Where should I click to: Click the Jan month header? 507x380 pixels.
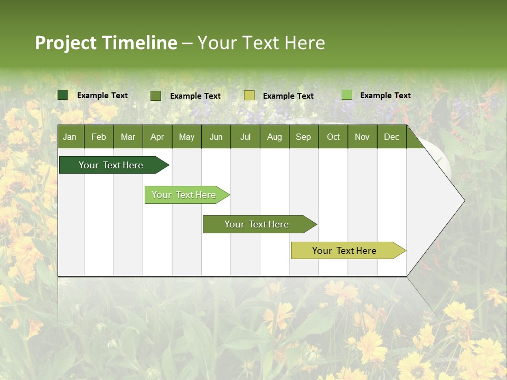70,137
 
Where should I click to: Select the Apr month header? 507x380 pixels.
157,137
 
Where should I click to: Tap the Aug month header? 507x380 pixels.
274,137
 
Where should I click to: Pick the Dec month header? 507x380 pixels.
391,137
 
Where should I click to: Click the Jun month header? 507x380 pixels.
215,137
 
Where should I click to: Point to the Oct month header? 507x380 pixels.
333,137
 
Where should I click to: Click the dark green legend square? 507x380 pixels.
63,95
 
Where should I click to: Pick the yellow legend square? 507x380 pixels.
249,96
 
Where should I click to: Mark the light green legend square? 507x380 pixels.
347,95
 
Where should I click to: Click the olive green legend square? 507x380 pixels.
156,96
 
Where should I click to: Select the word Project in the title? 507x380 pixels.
65,43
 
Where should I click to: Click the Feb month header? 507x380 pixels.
98,137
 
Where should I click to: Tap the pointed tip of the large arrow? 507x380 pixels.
463,201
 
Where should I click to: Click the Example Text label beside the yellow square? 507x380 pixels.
288,96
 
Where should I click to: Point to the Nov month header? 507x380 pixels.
362,137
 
